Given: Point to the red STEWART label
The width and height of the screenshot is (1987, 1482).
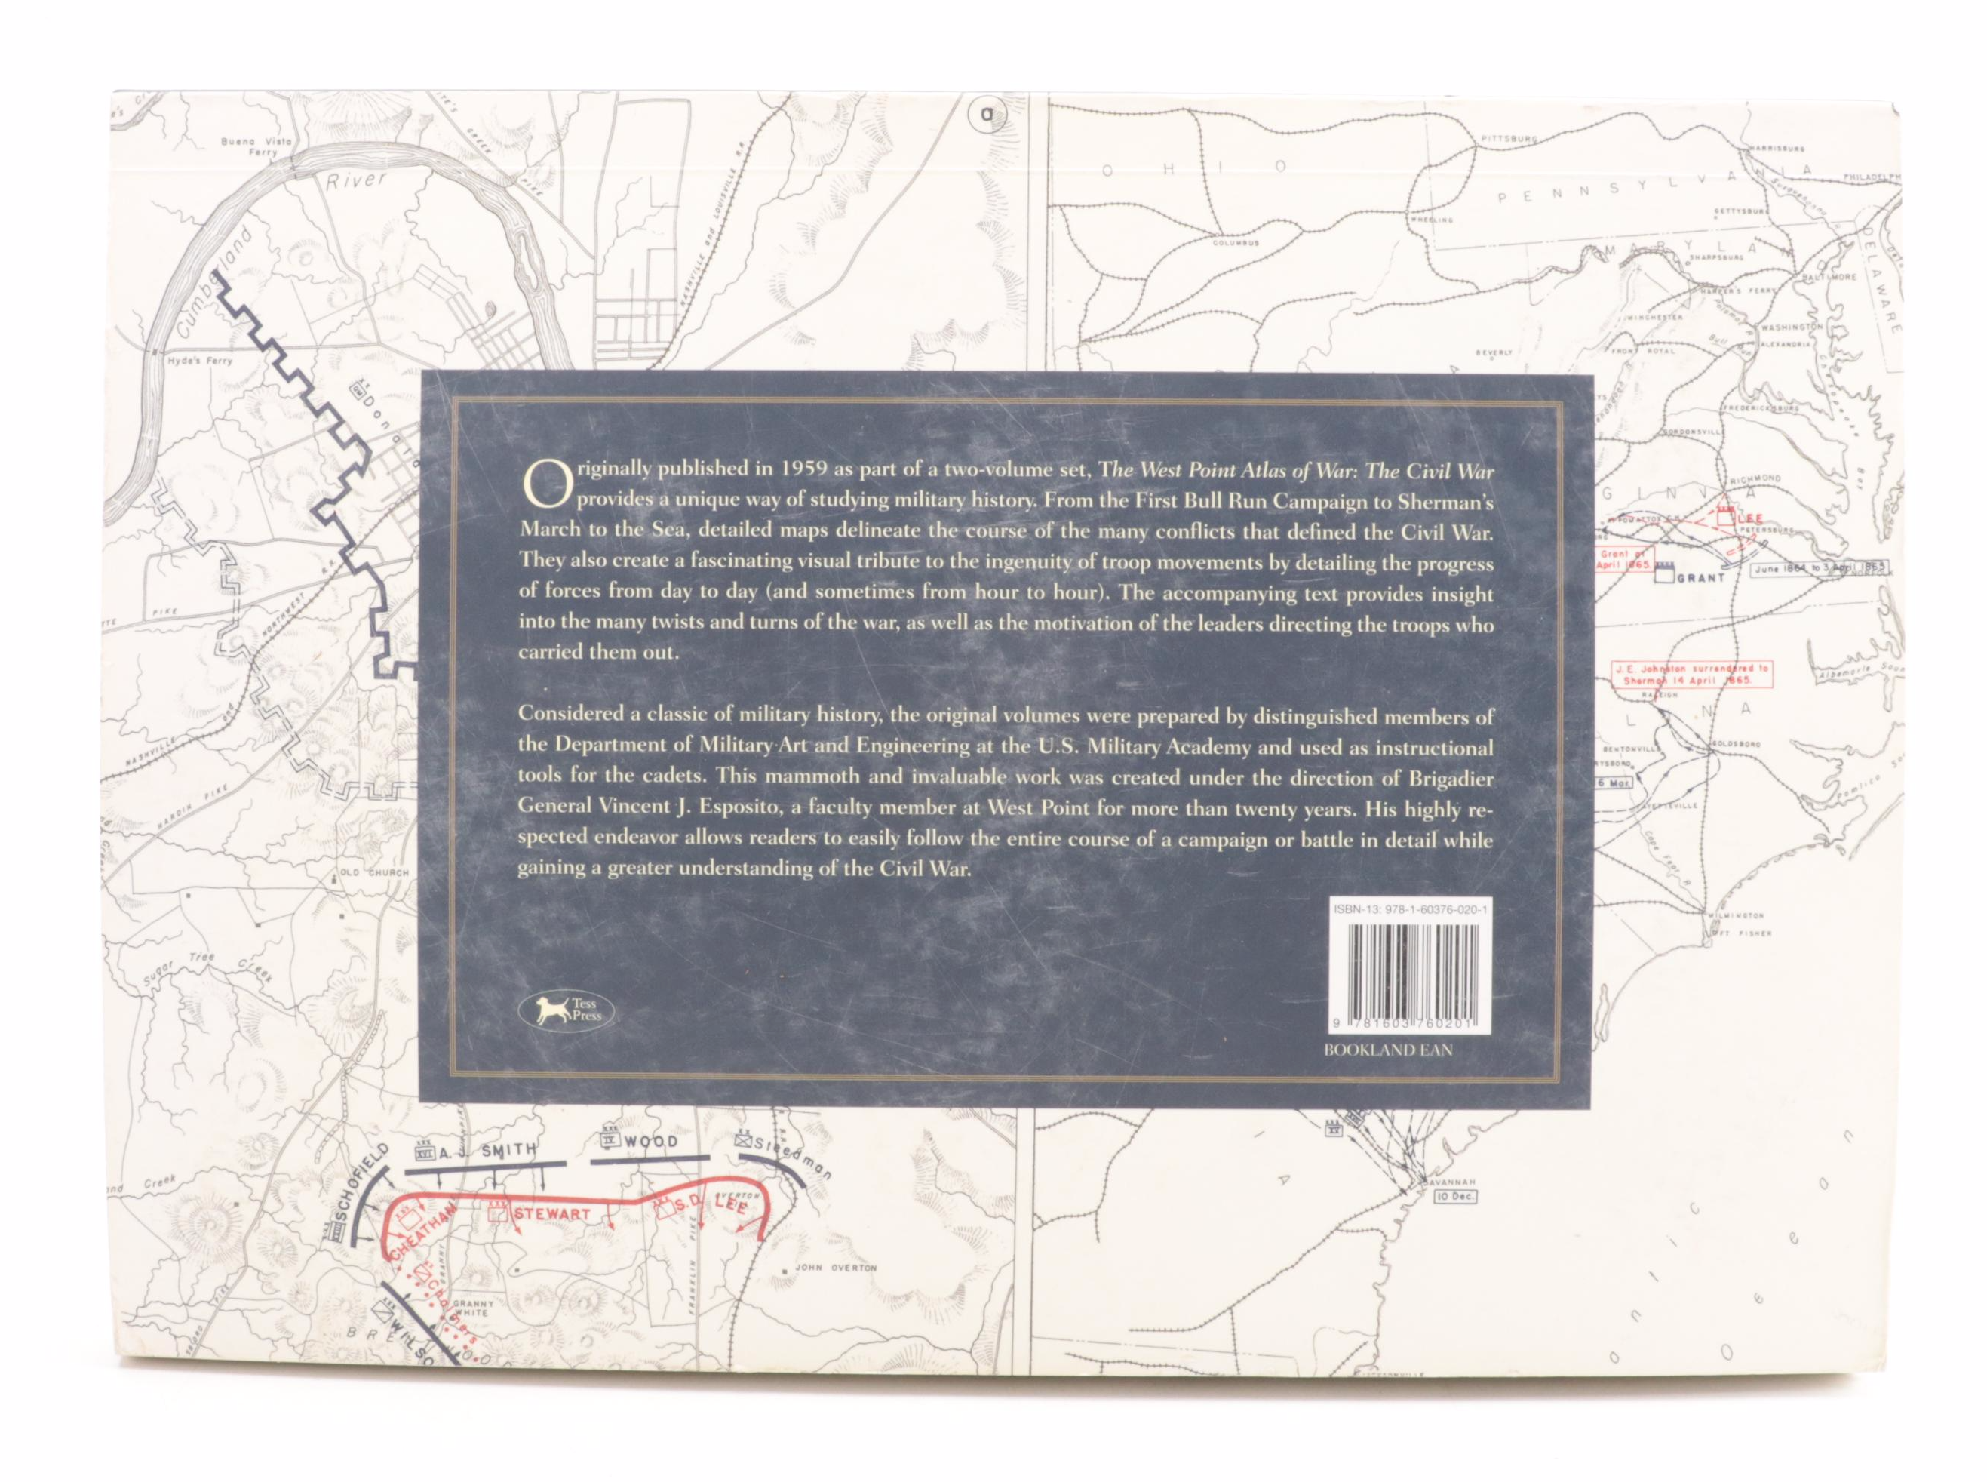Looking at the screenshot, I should [x=551, y=1214].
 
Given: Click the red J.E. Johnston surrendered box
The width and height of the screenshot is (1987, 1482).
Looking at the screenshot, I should [x=1672, y=699].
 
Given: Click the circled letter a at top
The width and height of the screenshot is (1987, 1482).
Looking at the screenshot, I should [x=988, y=115].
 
